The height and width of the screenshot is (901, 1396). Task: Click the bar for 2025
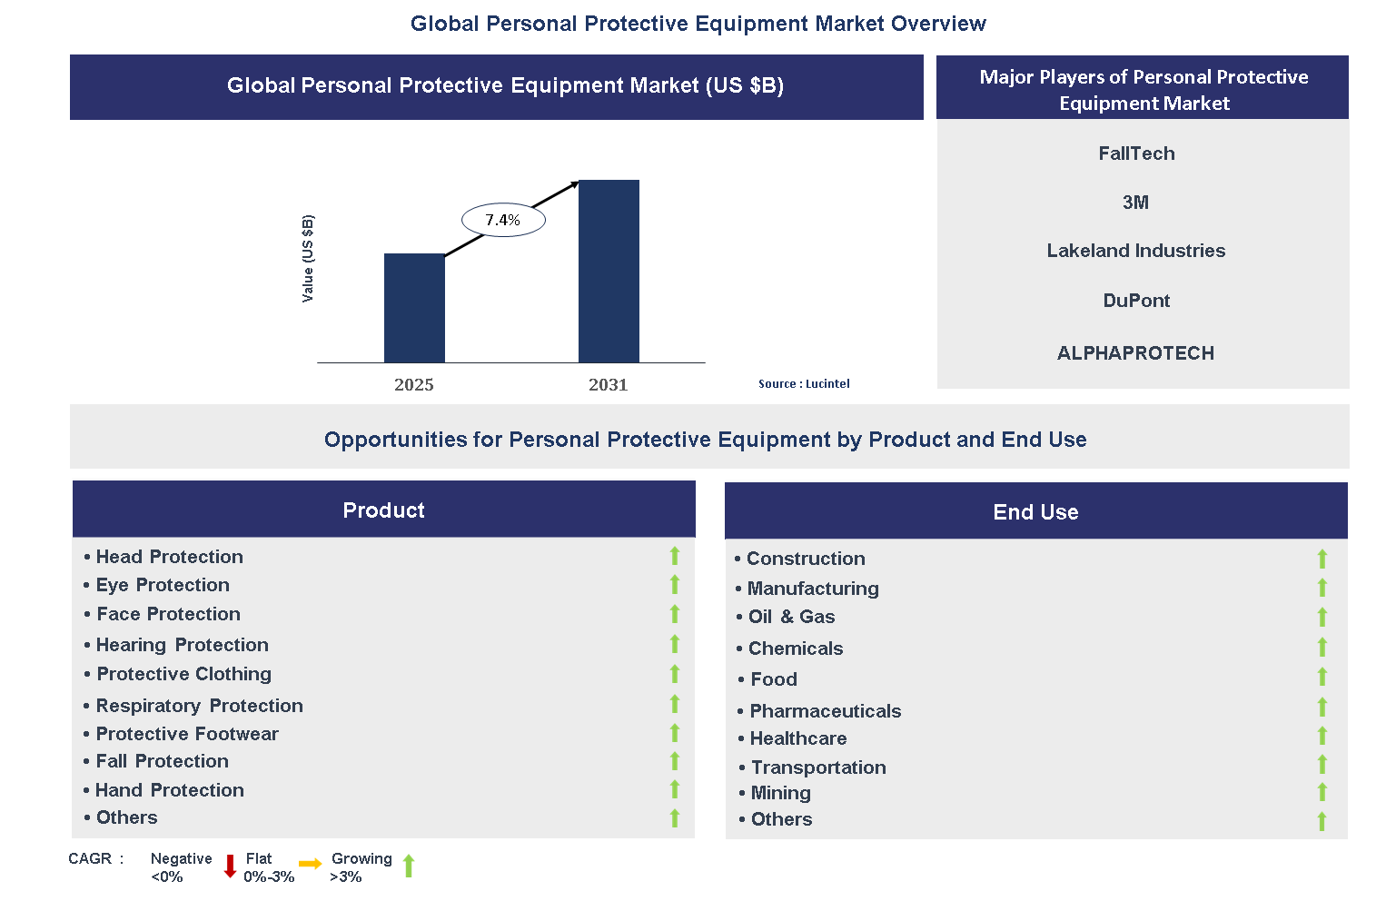pos(414,308)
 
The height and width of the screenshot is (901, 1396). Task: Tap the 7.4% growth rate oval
pos(503,220)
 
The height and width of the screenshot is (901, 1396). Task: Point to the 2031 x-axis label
pos(608,384)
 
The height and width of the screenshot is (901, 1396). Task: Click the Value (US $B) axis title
pos(308,259)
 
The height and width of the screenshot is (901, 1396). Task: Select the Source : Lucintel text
pos(804,384)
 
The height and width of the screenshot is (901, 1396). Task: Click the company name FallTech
pos(1136,153)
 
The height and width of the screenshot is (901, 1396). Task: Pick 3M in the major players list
pos(1135,203)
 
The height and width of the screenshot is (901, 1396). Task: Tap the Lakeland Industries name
pos(1135,251)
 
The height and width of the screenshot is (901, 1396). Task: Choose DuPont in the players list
pos(1136,301)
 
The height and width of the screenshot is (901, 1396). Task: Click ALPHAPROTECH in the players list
pos(1135,353)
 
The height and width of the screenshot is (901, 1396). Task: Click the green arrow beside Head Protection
pos(675,556)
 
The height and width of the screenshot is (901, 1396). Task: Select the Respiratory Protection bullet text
pos(199,706)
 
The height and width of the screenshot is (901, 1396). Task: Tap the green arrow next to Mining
pos(1322,792)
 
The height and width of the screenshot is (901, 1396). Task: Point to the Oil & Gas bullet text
pos(791,617)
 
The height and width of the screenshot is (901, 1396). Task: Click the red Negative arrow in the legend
pos(230,866)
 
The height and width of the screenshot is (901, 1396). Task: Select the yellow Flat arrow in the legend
pos(311,864)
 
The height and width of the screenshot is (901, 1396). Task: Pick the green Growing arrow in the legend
pos(409,866)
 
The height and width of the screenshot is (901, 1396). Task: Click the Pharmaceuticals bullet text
pos(825,711)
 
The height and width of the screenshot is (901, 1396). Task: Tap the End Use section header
pos(1035,511)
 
